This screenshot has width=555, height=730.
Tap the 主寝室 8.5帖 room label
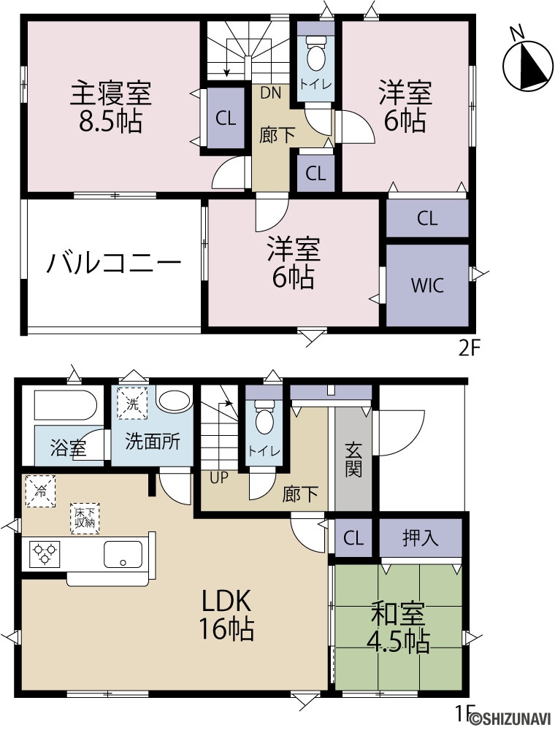coord(111,107)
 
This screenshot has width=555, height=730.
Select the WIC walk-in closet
coord(427,285)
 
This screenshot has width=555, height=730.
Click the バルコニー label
coord(114,263)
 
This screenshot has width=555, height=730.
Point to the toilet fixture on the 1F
coord(264,418)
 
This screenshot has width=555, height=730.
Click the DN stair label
coord(270,93)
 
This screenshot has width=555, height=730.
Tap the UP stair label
coord(219,477)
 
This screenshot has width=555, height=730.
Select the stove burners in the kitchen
coord(45,554)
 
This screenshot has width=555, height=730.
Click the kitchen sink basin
coord(123,554)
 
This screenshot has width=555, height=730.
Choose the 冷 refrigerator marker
coord(40,491)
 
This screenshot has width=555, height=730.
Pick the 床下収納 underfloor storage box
coord(85,518)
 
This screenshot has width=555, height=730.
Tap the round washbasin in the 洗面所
coord(173,400)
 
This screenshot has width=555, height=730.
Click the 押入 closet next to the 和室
coord(421,538)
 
